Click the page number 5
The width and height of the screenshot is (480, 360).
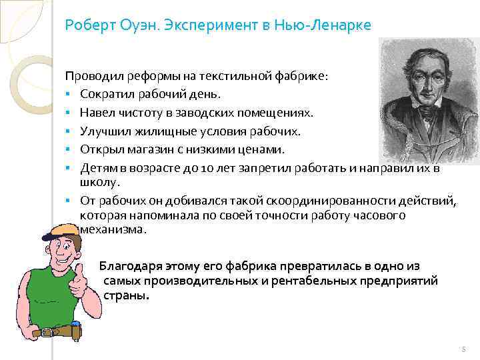tap(461, 349)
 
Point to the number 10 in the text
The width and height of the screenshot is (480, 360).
tap(198, 168)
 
